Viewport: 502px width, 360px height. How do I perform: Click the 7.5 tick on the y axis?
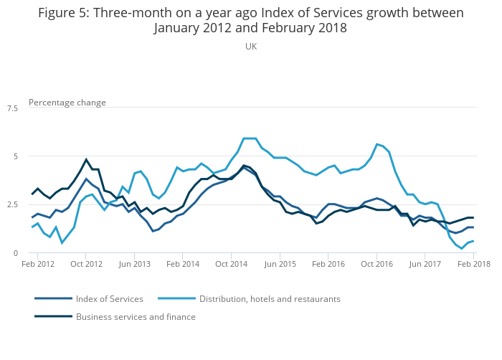(x=12, y=108)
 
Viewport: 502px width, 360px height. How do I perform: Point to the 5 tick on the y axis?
(x=15, y=156)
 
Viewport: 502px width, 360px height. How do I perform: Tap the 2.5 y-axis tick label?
(x=12, y=204)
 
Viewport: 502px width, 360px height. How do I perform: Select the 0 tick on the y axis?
(x=15, y=252)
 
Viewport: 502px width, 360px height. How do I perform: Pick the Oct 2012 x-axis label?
(x=85, y=265)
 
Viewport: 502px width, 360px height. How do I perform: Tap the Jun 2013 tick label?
(x=134, y=265)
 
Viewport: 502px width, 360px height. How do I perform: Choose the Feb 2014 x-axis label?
(x=182, y=265)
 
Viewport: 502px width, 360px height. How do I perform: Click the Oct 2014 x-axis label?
(x=231, y=265)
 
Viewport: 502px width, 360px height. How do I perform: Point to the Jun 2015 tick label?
(x=280, y=265)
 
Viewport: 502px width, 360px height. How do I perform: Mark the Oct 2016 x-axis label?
(x=376, y=265)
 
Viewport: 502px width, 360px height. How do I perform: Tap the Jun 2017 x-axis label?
(x=425, y=265)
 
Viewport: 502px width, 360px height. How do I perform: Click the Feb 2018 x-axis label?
(x=473, y=265)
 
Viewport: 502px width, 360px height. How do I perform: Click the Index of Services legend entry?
(x=109, y=298)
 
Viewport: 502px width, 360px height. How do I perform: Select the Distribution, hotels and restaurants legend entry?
(x=270, y=298)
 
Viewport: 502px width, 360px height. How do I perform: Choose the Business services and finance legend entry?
(x=136, y=316)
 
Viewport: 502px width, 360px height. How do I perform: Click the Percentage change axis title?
(x=67, y=103)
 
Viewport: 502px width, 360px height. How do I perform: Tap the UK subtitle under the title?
(x=251, y=47)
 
